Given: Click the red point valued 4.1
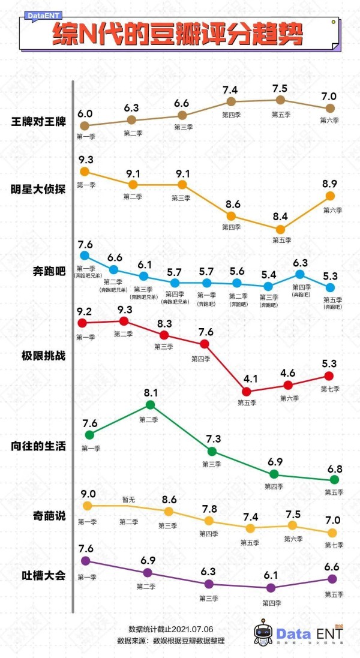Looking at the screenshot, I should [x=246, y=391].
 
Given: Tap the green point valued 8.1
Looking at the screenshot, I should [x=151, y=405].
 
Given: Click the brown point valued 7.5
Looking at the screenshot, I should [x=280, y=100].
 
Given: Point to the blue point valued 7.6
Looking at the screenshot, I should [x=85, y=256].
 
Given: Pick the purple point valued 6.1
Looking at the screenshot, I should [x=271, y=588].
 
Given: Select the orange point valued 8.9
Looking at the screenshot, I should [x=330, y=196].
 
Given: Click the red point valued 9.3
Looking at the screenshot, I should [x=124, y=321].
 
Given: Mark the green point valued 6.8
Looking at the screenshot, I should [x=334, y=479].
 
